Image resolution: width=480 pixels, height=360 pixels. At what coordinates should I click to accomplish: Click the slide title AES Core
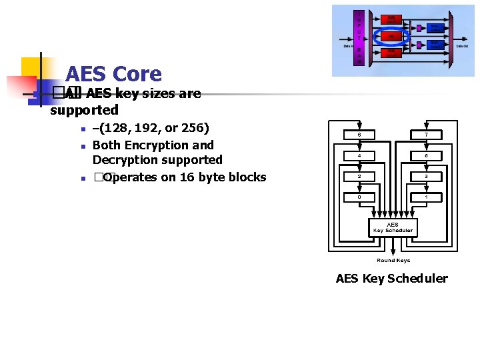[x=113, y=74]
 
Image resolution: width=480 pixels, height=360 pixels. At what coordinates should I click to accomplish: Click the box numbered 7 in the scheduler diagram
[x=426, y=135]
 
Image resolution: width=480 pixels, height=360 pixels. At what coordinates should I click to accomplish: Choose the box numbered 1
[x=426, y=197]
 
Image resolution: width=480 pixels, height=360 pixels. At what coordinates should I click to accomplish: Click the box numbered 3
[x=426, y=177]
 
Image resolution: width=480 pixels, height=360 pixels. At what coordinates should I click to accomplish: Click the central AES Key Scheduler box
[x=393, y=227]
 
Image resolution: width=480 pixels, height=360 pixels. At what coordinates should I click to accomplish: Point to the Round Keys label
[x=393, y=260]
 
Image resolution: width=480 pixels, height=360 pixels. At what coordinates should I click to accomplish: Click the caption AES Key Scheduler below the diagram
[x=392, y=279]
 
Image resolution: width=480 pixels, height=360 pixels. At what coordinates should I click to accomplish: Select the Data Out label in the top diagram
[x=462, y=46]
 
